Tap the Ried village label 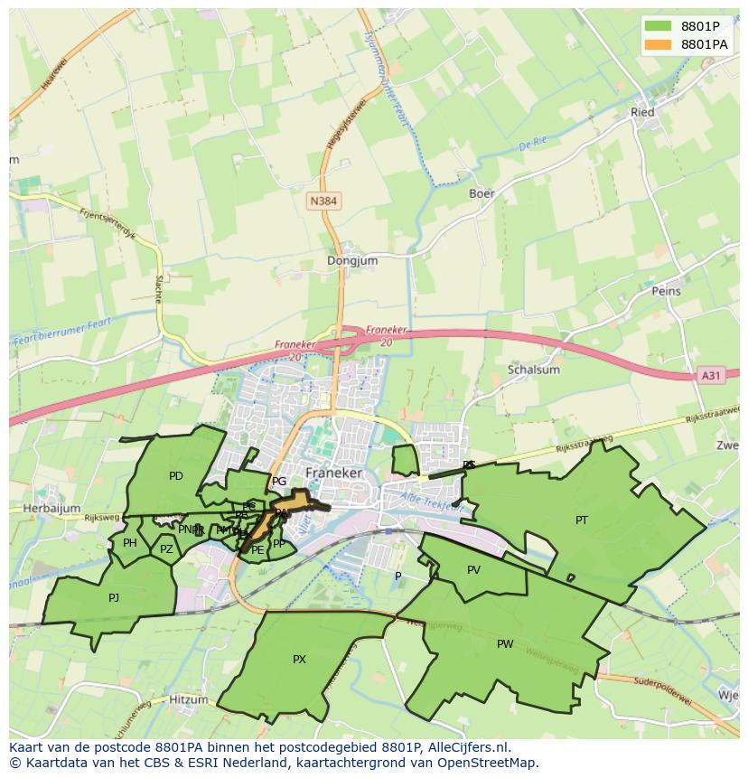click(x=642, y=112)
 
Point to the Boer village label click(x=482, y=193)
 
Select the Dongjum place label click(x=352, y=260)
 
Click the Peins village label click(x=666, y=291)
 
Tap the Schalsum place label click(x=534, y=369)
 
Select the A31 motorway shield click(x=712, y=375)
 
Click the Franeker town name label click(x=333, y=473)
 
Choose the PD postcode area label click(x=176, y=476)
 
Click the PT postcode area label click(x=582, y=520)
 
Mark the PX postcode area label click(x=299, y=660)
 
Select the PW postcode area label click(x=505, y=644)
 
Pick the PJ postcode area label click(x=114, y=597)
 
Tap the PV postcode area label click(x=473, y=570)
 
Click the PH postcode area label click(x=130, y=543)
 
